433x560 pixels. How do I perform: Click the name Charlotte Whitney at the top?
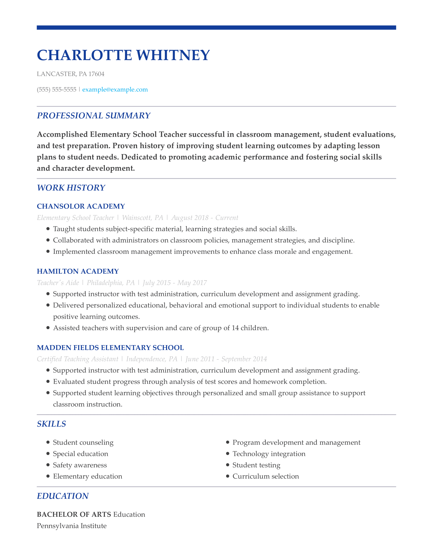(123, 55)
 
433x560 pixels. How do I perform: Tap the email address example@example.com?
(115, 90)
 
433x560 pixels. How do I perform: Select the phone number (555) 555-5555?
(57, 90)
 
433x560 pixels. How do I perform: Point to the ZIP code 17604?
(96, 74)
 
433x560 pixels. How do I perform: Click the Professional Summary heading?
(93, 116)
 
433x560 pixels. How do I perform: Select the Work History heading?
(71, 188)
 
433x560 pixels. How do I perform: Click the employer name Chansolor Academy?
(81, 206)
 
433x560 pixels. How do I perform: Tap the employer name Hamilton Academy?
(78, 271)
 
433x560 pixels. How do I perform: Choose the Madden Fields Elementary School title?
(110, 348)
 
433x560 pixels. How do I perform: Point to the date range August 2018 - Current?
(205, 218)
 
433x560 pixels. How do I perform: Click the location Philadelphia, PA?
(111, 283)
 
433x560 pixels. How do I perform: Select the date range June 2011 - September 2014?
(226, 359)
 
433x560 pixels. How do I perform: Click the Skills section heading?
(51, 424)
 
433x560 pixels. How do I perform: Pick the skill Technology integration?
(269, 454)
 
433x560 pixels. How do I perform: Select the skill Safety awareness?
(80, 465)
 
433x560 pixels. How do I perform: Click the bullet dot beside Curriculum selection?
(227, 476)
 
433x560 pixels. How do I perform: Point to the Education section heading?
(63, 496)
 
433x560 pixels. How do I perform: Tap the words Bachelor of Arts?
(74, 514)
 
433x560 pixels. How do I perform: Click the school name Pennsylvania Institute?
(72, 526)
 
